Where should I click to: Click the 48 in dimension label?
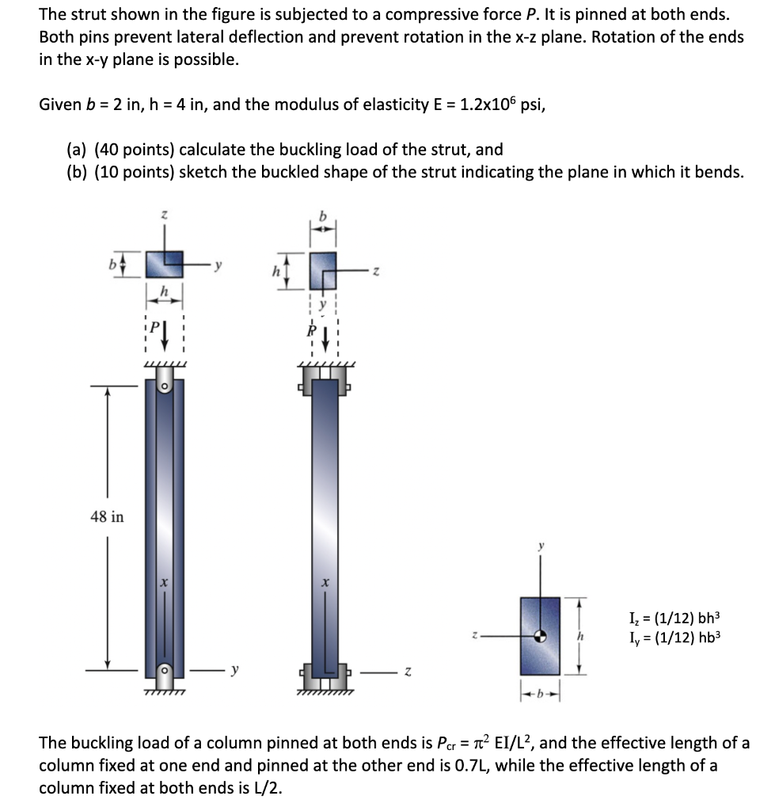(x=107, y=516)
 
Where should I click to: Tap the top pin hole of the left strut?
(x=165, y=386)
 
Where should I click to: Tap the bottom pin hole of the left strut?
(x=165, y=670)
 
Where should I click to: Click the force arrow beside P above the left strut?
(x=165, y=335)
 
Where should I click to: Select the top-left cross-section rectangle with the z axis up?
(x=165, y=265)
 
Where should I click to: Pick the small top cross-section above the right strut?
(x=323, y=271)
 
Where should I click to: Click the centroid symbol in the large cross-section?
(x=540, y=636)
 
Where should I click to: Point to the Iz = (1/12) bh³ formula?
(x=674, y=618)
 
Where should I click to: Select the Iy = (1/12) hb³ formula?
(x=674, y=638)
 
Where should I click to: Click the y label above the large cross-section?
(x=541, y=546)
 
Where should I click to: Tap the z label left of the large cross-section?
(x=474, y=636)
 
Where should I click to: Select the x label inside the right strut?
(x=325, y=582)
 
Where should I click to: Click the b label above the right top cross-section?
(x=323, y=215)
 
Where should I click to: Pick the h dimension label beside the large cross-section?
(x=580, y=636)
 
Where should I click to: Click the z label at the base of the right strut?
(x=408, y=672)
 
